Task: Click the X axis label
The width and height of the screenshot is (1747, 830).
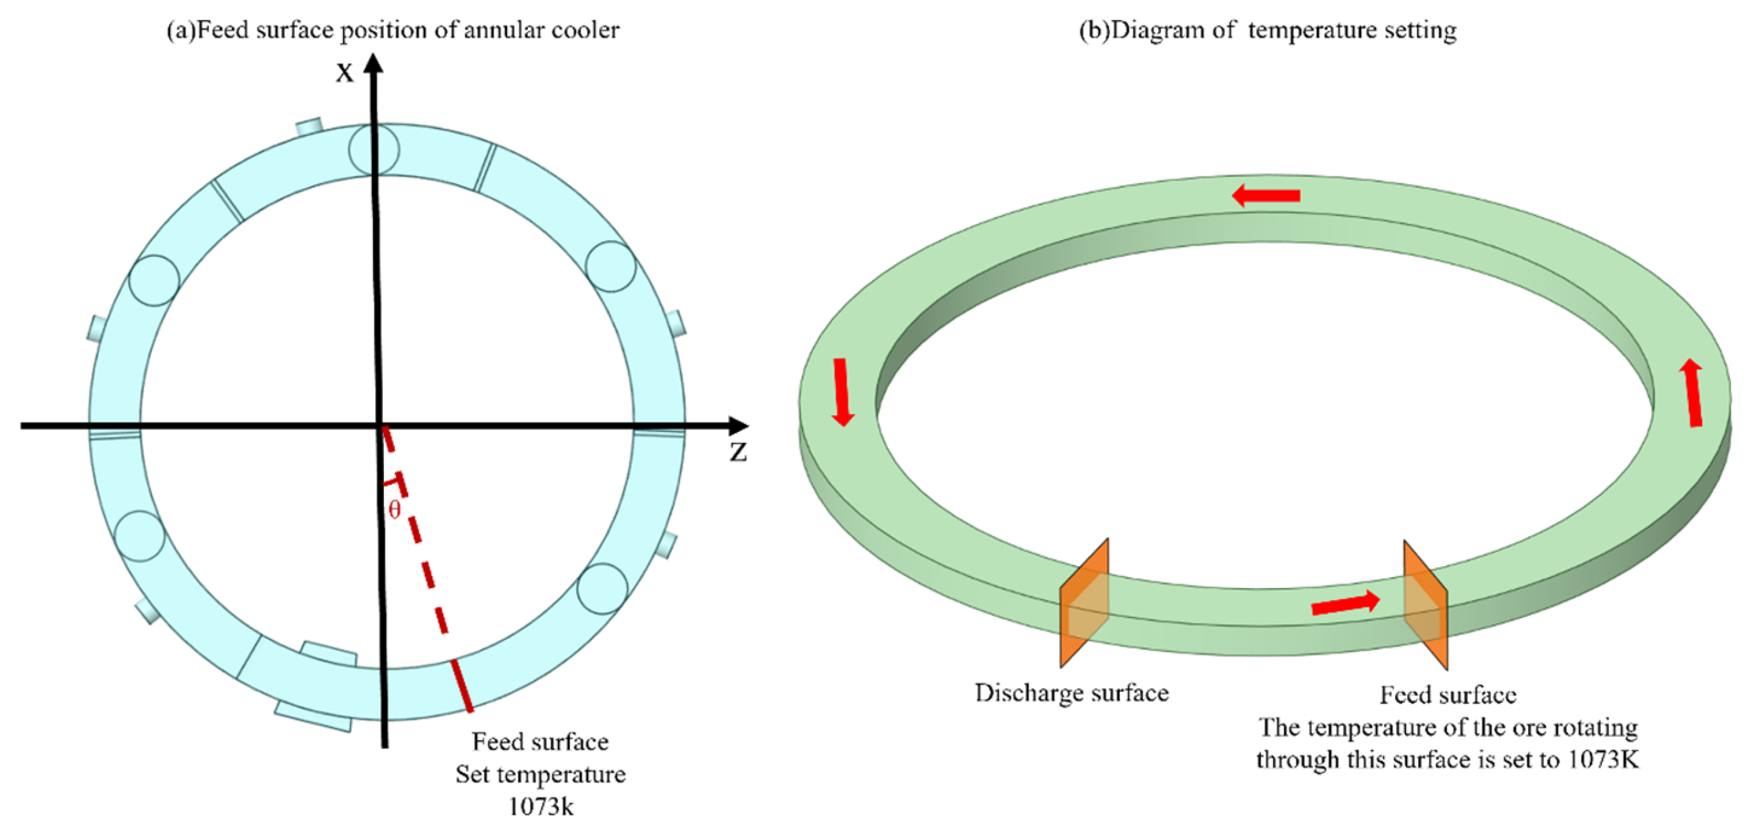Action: pyautogui.click(x=345, y=73)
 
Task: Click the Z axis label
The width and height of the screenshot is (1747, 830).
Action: pyautogui.click(x=738, y=453)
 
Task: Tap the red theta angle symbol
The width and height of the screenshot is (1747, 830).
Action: pyautogui.click(x=395, y=509)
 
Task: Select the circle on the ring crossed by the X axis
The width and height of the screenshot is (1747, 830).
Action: pyautogui.click(x=374, y=149)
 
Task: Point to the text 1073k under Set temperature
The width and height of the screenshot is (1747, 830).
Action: pyautogui.click(x=541, y=806)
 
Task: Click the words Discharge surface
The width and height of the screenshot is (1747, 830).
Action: pyautogui.click(x=1072, y=693)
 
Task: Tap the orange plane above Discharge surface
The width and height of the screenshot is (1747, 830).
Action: pyautogui.click(x=1084, y=603)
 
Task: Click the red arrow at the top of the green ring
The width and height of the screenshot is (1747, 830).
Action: pyautogui.click(x=1265, y=196)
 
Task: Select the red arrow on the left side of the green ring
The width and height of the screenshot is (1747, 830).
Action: pyautogui.click(x=842, y=392)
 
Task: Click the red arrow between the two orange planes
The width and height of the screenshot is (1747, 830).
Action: pyautogui.click(x=1345, y=603)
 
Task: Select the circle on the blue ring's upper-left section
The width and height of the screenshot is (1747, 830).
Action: pyautogui.click(x=154, y=280)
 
